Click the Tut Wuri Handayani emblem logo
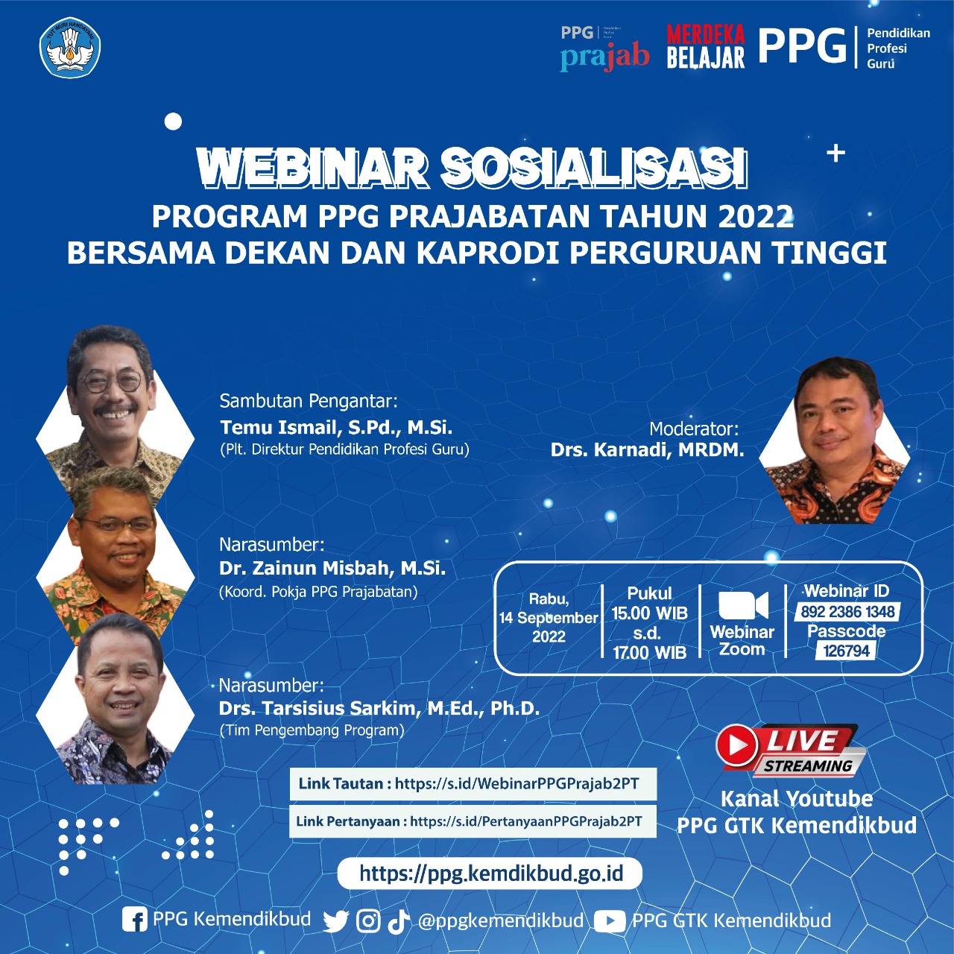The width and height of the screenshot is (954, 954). [69, 48]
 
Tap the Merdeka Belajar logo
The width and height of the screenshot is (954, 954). [705, 46]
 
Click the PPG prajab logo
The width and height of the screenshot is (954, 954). [604, 48]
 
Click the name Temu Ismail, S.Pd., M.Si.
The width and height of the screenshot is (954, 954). [336, 427]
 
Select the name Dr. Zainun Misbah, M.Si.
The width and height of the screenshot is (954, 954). [332, 568]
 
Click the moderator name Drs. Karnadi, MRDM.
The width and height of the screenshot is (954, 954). [647, 449]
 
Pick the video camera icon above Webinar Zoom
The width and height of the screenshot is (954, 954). [742, 605]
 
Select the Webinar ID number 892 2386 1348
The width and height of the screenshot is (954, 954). [847, 612]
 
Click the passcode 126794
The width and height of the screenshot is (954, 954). [846, 651]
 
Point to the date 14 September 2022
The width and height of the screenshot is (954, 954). [549, 618]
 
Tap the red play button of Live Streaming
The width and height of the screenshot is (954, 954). [737, 745]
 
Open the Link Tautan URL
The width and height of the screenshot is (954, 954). [517, 783]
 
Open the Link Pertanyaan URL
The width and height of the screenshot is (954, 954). [525, 821]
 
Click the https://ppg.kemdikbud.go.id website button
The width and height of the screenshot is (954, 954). [490, 873]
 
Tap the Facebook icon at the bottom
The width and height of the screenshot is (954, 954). [135, 920]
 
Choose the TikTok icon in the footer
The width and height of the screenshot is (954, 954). [398, 921]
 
